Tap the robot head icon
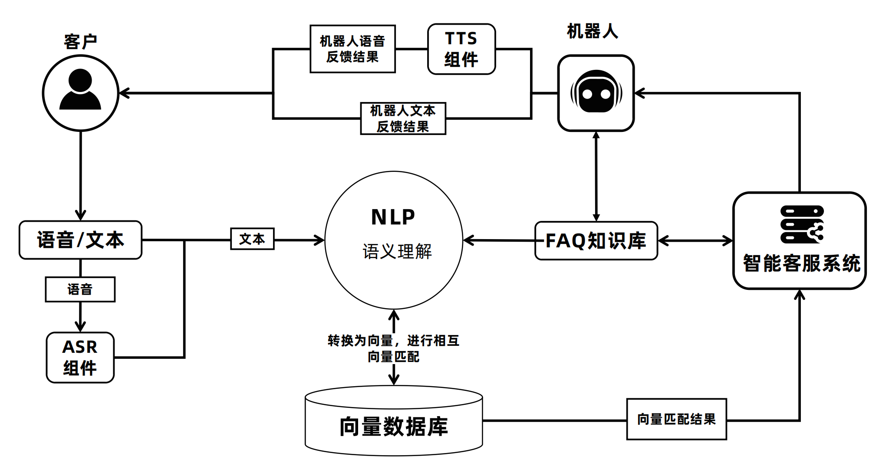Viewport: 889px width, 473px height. (596, 92)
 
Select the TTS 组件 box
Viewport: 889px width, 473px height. (461, 49)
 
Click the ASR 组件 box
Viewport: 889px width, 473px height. (80, 358)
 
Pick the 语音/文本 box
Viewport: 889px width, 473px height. (80, 240)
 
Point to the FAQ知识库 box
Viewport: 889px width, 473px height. (596, 241)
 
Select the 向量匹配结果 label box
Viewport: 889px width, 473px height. (676, 419)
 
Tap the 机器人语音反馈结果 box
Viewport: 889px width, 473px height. (352, 49)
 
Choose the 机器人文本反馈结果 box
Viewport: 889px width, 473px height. (403, 118)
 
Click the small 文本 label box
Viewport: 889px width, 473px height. (252, 239)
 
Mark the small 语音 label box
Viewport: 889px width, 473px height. (80, 289)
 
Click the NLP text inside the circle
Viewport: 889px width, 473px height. (393, 217)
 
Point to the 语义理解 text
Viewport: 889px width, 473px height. (397, 252)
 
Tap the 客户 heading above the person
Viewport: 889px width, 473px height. (80, 42)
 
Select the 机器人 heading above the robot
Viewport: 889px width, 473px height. (593, 31)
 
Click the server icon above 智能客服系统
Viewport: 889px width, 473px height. (802, 224)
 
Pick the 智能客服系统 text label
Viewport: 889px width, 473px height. (801, 263)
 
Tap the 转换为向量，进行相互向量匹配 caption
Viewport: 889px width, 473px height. (393, 348)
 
